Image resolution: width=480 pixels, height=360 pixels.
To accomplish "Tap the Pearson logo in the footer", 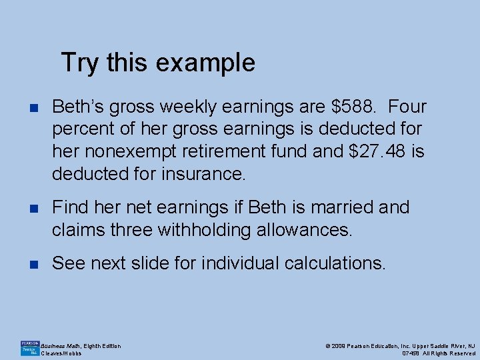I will coord(29,348).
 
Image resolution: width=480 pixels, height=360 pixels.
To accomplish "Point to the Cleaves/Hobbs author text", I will coord(61,353).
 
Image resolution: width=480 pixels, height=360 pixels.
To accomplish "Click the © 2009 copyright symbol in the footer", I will coord(327,345).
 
